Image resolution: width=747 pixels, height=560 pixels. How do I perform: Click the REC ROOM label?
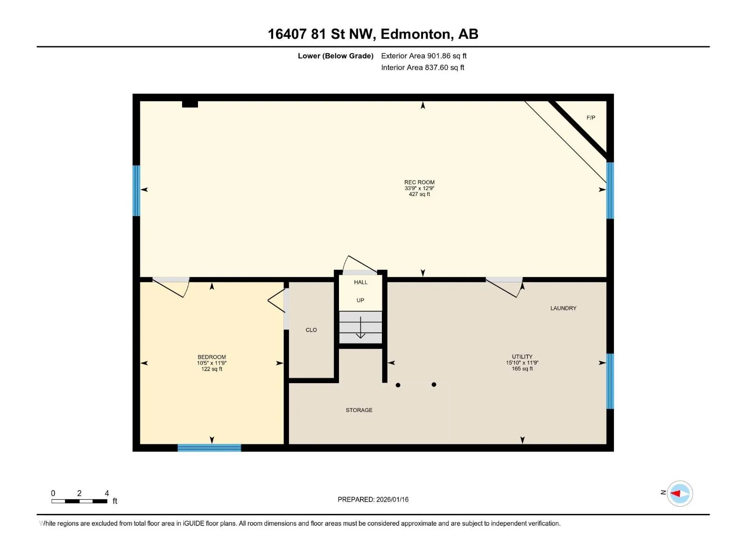click(419, 182)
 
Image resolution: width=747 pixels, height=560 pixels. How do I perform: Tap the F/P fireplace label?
click(591, 118)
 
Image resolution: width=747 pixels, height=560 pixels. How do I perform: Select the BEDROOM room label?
click(211, 357)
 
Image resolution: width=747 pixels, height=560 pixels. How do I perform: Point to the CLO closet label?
click(311, 330)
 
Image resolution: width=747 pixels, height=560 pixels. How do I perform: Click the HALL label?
click(361, 282)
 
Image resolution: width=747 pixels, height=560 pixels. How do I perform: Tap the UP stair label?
click(360, 300)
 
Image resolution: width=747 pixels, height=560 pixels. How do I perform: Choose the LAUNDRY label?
click(563, 308)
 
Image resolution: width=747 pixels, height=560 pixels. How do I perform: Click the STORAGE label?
click(359, 410)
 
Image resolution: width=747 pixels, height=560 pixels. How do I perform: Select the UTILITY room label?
click(522, 357)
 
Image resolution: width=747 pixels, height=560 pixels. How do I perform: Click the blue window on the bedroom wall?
click(209, 448)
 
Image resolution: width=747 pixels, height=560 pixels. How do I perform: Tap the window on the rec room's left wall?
click(136, 190)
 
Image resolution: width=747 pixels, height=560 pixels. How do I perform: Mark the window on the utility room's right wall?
click(610, 381)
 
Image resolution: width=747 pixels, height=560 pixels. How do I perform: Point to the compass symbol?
click(680, 493)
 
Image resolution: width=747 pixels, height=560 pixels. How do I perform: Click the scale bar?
click(79, 501)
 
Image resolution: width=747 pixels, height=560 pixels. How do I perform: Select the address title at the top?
click(373, 34)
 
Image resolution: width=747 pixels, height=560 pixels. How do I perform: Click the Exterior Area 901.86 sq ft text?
click(424, 56)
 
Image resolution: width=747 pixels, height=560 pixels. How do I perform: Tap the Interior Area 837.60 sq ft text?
click(423, 67)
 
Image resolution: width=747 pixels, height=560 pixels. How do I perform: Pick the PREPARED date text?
click(373, 499)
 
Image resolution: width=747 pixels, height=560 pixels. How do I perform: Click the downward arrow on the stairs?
click(360, 328)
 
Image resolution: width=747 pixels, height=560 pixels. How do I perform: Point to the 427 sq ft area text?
click(419, 194)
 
